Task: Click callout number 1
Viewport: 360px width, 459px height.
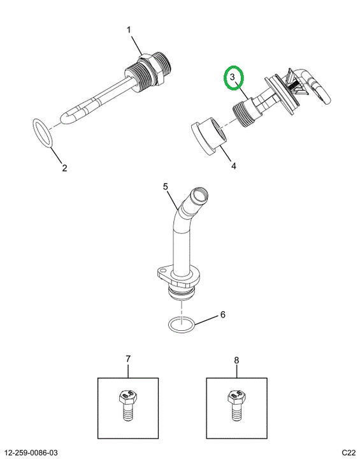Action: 129,30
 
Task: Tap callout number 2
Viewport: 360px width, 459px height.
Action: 64,168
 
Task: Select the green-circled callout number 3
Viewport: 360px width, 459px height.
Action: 233,78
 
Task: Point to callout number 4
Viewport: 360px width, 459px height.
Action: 234,166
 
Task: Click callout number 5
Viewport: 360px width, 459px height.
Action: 166,186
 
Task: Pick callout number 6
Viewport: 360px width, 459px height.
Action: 223,315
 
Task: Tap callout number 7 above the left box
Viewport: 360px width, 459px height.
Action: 128,359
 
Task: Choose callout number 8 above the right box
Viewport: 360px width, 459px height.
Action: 236,360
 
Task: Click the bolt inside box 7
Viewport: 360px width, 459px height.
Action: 128,405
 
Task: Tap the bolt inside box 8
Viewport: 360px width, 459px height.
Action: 236,405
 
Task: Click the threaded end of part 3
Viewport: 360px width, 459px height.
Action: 240,115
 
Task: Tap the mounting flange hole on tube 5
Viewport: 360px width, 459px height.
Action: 162,269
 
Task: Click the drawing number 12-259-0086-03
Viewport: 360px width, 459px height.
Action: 32,453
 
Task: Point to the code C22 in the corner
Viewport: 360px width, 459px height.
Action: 349,453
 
